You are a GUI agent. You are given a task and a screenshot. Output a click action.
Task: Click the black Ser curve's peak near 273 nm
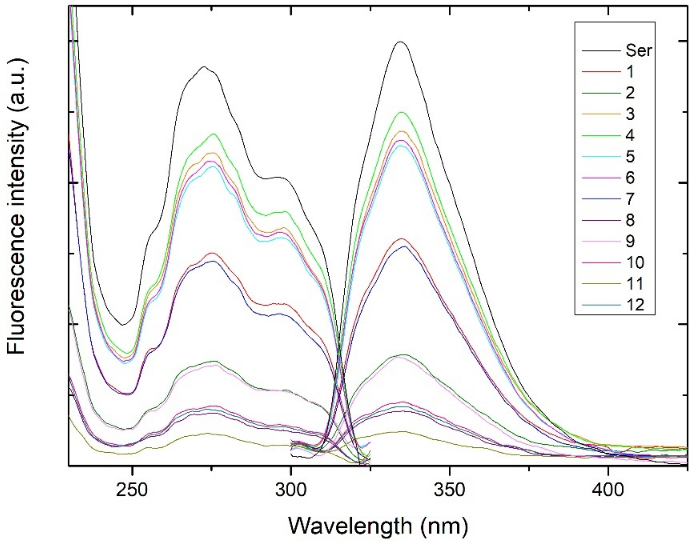coord(204,67)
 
